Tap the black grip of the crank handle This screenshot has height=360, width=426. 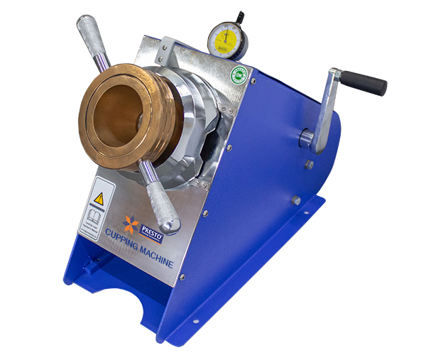(365, 83)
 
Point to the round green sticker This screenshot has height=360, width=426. (240, 76)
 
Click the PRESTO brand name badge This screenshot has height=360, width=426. (151, 230)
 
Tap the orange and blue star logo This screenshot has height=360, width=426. (130, 224)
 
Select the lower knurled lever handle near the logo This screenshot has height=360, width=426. (161, 203)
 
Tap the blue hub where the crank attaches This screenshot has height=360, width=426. (306, 138)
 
